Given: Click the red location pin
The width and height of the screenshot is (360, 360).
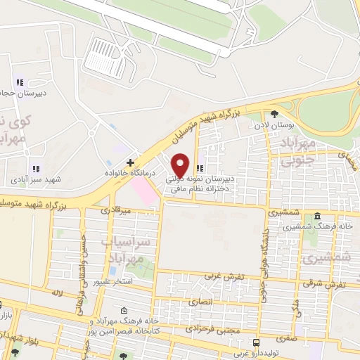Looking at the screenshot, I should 180,165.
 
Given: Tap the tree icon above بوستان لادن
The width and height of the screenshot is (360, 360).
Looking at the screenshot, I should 275,114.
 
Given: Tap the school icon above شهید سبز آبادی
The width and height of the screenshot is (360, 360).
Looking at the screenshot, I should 35,169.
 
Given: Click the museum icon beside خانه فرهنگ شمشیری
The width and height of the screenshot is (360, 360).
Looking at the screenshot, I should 318,216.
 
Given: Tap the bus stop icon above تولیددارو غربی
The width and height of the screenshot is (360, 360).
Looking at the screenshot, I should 255,342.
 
